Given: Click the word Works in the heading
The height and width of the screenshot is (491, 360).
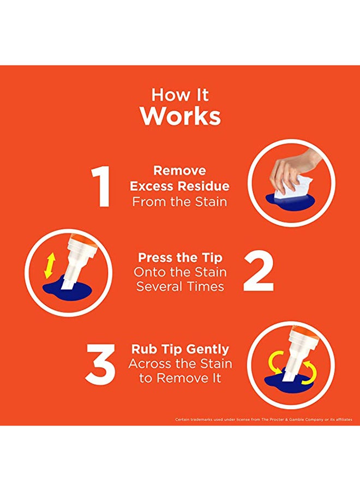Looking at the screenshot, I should coord(180,116).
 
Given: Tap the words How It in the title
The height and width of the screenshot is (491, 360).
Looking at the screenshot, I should coord(180,94).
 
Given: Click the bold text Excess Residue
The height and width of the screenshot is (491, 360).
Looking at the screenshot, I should coord(179,186).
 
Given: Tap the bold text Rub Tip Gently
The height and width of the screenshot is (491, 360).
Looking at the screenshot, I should coord(180,349).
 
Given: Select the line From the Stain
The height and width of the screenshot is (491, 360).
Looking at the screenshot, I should coord(179,201).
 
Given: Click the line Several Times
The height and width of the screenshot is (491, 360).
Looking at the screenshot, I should coord(180,286).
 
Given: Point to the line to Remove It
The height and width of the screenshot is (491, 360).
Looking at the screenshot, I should coord(180,378).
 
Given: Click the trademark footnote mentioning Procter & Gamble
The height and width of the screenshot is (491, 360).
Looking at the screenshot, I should coord(263,420).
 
